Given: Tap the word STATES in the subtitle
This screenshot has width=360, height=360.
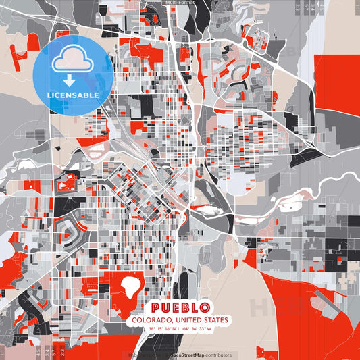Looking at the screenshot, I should coord(213,319).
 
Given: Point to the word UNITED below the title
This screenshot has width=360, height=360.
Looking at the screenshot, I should coord(188,319).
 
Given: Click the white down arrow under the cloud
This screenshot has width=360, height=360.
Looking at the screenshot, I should coord(71,79).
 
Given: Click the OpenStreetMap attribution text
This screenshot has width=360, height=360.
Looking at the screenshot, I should coord(183,355).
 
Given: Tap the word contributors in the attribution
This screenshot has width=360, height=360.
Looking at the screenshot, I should coord(217,355).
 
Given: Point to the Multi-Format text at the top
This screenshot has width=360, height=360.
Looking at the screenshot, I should coord(180,3).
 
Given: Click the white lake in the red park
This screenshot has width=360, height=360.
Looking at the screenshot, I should coord(130,288).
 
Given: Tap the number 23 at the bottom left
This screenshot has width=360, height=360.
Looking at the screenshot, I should coord(62,352).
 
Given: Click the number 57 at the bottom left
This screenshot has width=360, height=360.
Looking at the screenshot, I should coord(53,352).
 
